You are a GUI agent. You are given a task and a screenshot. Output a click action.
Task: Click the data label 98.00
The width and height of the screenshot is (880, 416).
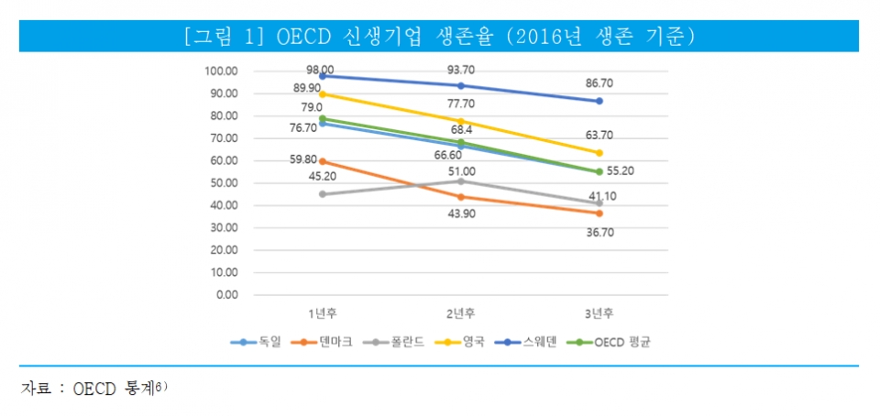[x=321, y=70]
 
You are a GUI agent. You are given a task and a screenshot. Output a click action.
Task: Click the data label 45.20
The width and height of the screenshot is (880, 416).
[x=321, y=177]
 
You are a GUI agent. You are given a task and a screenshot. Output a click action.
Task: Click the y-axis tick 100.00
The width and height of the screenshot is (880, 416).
[x=221, y=71]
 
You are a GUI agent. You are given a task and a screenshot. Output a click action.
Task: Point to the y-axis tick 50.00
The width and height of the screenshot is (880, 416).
[x=224, y=183]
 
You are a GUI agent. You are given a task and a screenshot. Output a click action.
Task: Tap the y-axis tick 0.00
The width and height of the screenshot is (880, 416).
[x=226, y=295]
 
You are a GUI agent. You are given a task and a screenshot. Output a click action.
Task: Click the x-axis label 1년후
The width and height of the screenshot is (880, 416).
[x=323, y=314]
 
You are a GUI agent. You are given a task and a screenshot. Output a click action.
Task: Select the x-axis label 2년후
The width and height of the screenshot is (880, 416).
[x=460, y=314]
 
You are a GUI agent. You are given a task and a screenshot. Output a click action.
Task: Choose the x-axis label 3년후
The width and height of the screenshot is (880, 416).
[x=599, y=314]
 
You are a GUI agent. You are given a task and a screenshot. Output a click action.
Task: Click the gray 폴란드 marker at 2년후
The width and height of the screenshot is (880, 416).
[x=460, y=181]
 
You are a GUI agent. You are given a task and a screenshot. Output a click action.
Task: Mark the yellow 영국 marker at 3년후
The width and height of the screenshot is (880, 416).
[x=599, y=153]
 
